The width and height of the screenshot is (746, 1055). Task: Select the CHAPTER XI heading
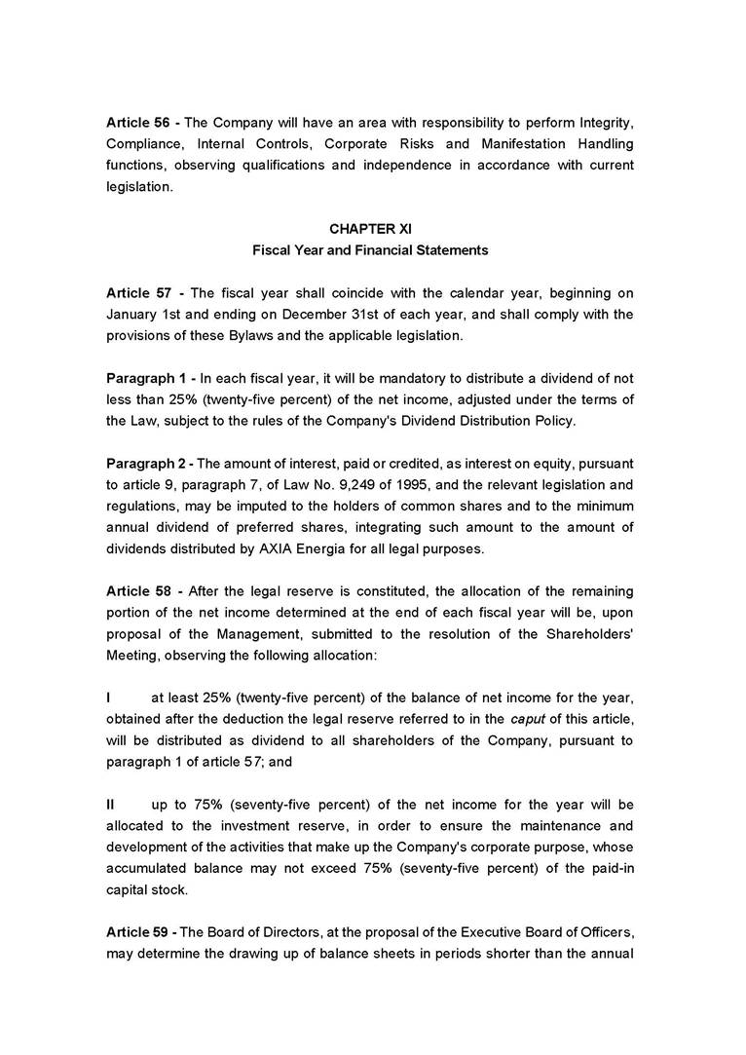(370, 229)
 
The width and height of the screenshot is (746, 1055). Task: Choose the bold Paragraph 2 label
(146, 463)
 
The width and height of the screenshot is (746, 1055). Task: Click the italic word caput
(529, 720)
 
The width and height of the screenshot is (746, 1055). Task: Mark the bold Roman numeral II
(111, 806)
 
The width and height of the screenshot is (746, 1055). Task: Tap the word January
(131, 314)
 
